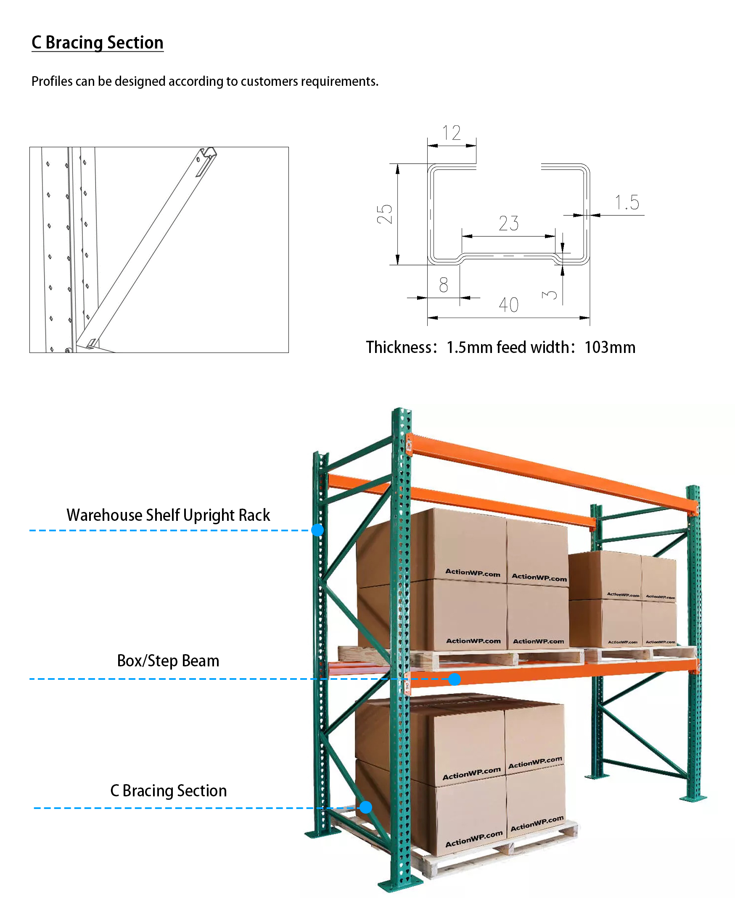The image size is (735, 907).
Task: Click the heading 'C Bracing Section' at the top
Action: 98,43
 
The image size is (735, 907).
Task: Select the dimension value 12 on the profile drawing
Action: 451,133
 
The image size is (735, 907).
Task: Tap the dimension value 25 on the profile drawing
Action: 384,214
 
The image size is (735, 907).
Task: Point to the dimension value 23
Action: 508,223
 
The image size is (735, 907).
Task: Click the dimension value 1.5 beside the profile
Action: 627,202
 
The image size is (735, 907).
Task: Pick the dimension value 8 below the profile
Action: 443,285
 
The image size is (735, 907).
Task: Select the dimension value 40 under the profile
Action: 508,305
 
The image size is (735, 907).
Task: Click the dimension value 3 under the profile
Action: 550,294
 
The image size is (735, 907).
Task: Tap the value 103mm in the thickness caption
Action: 610,347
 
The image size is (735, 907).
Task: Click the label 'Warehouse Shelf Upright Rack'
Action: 168,515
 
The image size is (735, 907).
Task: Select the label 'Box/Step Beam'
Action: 168,661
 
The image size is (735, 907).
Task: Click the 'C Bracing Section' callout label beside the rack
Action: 169,791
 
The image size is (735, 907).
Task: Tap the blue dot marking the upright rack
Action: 317,530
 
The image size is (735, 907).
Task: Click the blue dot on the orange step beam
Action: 454,679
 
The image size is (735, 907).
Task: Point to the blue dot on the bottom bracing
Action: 366,807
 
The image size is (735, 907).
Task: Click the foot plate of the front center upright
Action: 400,886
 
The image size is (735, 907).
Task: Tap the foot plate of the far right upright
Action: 693,799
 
